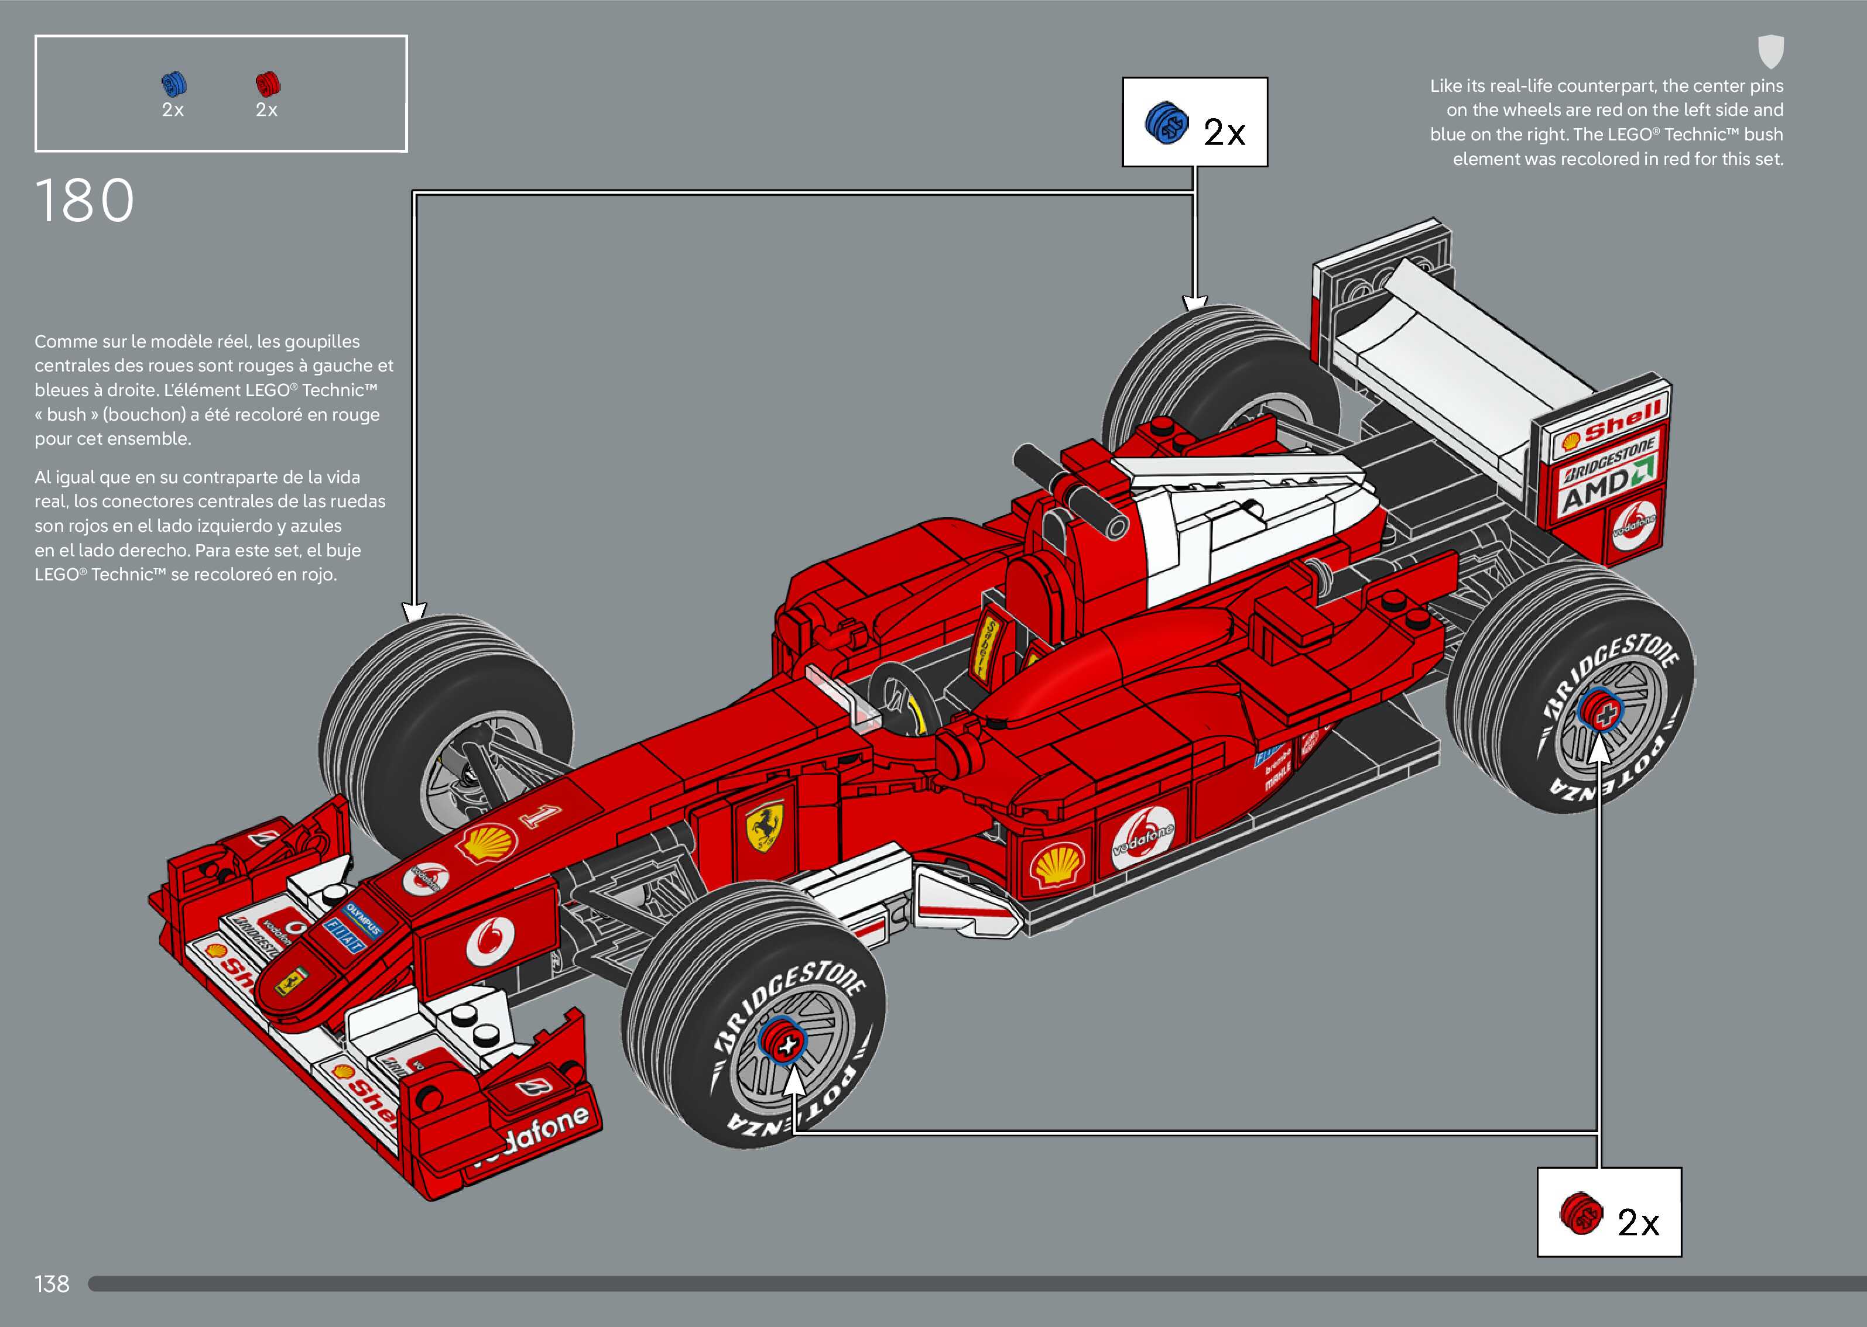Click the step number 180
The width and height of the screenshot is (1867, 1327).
[84, 201]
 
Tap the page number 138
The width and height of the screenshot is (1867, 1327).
[52, 1284]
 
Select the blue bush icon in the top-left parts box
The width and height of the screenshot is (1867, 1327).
[173, 84]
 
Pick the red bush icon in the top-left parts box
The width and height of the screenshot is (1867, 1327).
[268, 84]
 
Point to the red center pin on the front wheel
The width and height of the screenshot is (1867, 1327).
[783, 1042]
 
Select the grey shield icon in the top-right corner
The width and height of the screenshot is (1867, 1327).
[1770, 51]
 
